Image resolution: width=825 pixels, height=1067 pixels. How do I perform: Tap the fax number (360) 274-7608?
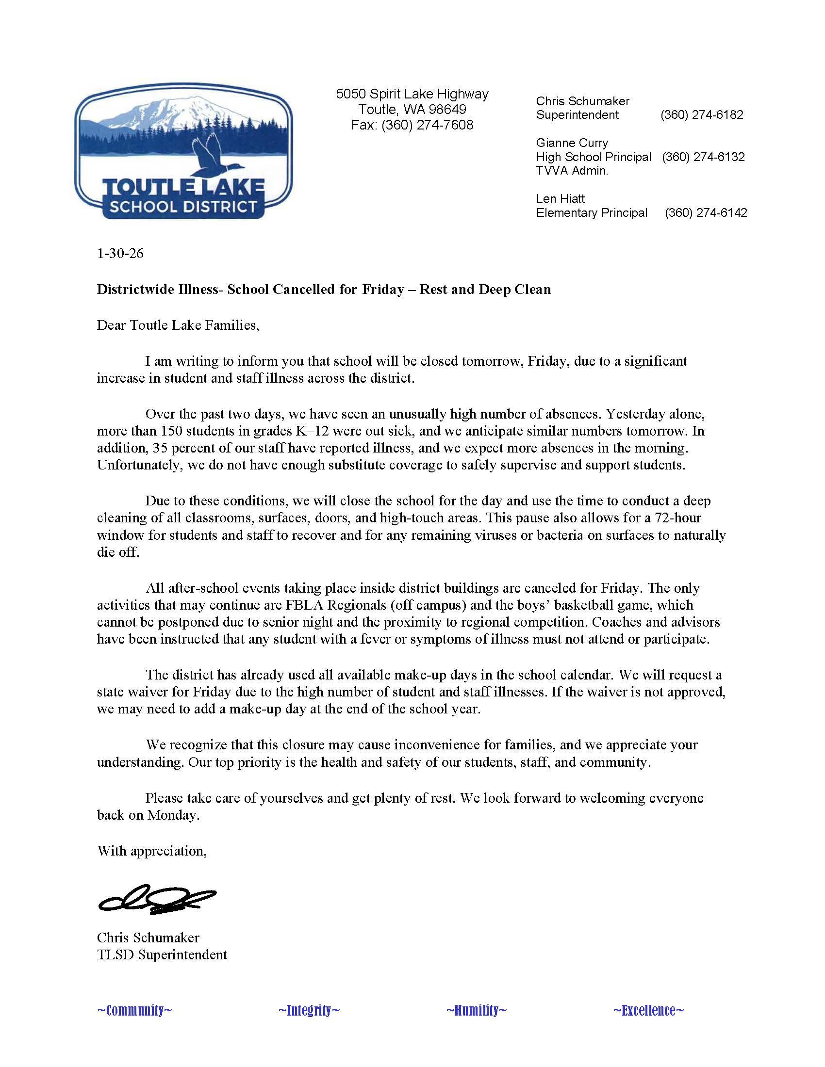point(427,125)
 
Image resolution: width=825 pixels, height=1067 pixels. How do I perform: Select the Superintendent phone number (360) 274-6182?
point(701,115)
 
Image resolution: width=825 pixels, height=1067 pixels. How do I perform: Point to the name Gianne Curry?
point(572,143)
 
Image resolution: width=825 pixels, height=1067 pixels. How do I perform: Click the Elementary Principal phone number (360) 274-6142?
point(705,213)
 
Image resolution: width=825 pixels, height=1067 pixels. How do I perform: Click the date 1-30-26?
point(120,254)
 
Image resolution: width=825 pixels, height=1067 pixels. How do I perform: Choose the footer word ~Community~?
point(134,1010)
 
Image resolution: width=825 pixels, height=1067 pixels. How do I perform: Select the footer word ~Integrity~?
point(309,1010)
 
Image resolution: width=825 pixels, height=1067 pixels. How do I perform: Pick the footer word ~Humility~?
point(476,1010)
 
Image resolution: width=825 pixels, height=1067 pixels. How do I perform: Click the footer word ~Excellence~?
point(648,1010)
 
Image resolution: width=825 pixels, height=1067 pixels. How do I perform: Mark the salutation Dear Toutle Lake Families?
point(178,325)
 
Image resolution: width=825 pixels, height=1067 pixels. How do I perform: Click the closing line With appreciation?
point(151,851)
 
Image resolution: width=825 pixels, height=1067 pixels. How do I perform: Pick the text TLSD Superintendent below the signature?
point(162,954)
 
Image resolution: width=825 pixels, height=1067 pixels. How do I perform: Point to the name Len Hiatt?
point(560,199)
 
